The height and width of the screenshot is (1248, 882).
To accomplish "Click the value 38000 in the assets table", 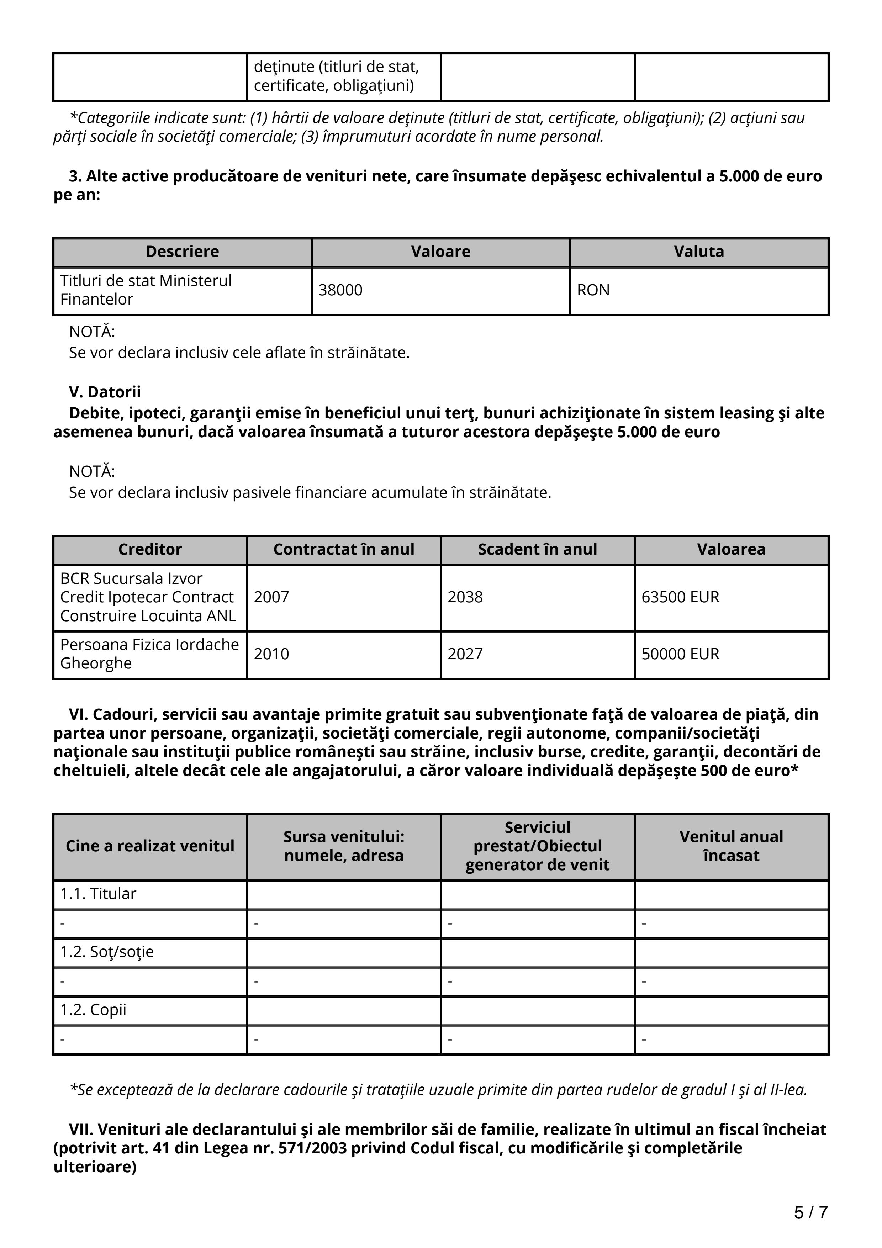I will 340,290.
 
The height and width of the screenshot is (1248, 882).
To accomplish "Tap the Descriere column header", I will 182,252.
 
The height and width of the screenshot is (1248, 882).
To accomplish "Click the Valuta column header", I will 699,252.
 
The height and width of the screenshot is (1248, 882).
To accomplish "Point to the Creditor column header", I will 150,550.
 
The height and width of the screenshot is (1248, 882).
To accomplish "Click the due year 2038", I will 465,597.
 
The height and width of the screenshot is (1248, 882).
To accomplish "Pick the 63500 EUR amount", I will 680,597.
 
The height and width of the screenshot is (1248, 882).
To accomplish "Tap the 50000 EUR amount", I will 680,654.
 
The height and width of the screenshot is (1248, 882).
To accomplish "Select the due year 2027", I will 465,654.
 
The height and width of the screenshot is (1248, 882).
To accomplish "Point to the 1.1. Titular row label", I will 98,894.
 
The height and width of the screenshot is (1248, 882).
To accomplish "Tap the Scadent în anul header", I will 538,550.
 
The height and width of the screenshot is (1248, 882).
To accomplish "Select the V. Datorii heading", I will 105,392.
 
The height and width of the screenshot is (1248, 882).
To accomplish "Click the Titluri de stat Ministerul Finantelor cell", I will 146,290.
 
